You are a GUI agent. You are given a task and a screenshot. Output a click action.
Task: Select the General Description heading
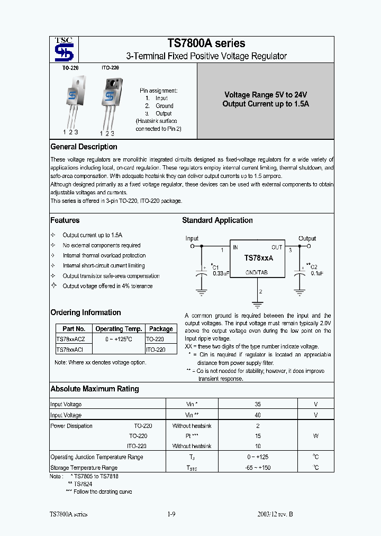pyautogui.click(x=84, y=147)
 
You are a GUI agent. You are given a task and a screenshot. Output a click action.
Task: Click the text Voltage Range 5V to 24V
pyautogui.click(x=265, y=94)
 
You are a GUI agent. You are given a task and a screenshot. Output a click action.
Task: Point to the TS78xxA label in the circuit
pyautogui.click(x=258, y=257)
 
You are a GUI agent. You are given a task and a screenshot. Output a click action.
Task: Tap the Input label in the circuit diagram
pyautogui.click(x=192, y=239)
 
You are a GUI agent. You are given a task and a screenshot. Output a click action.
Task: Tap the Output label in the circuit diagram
pyautogui.click(x=307, y=239)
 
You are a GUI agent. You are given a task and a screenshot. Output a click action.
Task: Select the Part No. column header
pyautogui.click(x=74, y=329)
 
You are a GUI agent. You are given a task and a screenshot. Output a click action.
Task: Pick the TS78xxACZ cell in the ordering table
pyautogui.click(x=74, y=339)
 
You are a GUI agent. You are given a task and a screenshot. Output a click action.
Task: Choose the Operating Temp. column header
pyautogui.click(x=118, y=329)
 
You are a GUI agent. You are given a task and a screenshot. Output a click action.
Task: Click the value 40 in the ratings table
pyautogui.click(x=258, y=415)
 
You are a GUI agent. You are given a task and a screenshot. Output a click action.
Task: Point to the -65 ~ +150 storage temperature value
pyautogui.click(x=258, y=468)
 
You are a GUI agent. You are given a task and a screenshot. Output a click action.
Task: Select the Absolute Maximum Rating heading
pyautogui.click(x=94, y=389)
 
